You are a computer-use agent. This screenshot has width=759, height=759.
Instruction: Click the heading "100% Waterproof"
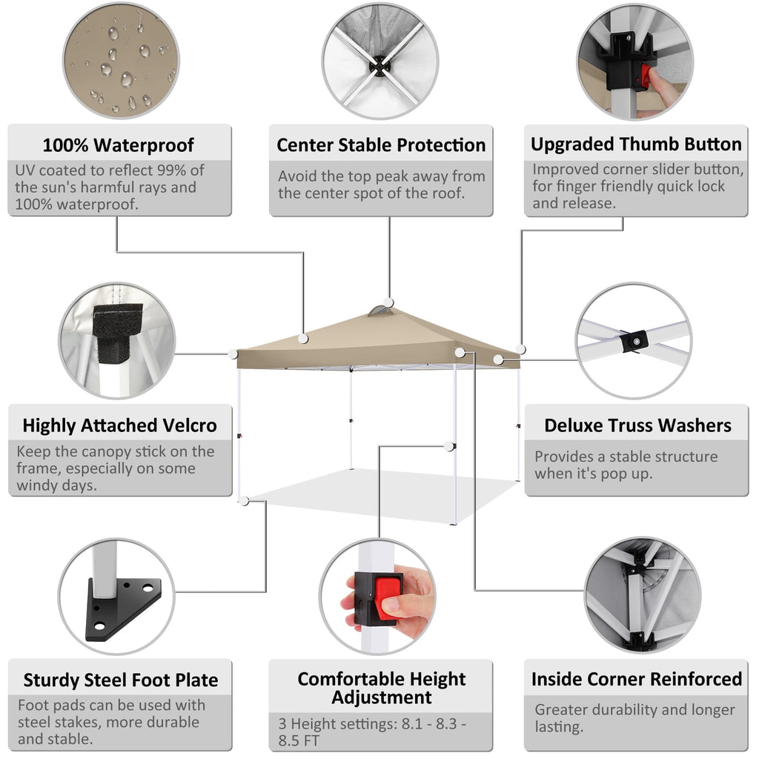119,145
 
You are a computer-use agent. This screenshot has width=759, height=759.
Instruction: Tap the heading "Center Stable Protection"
381,145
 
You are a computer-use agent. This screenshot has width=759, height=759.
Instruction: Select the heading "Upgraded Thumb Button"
636,144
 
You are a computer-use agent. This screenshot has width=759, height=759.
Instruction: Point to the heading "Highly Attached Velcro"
119,425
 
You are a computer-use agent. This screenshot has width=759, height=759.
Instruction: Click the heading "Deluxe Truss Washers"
637,425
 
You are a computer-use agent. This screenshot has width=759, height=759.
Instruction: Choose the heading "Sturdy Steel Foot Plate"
121,680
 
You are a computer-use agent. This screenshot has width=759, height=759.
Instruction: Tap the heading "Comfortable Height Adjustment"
381,688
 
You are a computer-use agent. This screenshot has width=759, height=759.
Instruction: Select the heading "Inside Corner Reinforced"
636,679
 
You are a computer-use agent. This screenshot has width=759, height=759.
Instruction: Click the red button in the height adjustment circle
387,598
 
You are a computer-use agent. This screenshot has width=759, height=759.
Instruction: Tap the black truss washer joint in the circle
634,340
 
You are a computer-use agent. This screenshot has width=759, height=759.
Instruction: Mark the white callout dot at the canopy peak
389,303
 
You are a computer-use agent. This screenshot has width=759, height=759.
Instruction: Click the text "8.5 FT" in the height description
296,740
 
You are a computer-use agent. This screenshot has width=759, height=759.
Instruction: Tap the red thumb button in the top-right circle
646,75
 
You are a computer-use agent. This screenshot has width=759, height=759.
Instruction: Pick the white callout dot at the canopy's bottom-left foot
244,501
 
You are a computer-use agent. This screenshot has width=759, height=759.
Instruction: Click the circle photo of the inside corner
641,595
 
